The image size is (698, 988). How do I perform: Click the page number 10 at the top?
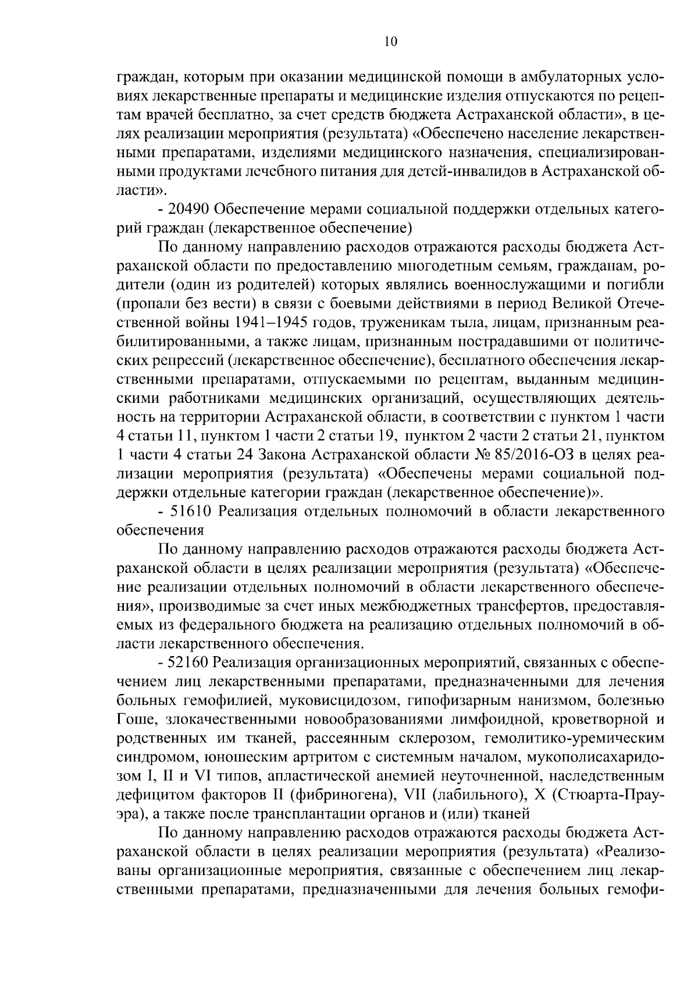click(x=391, y=41)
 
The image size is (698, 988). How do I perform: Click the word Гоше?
click(x=133, y=720)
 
